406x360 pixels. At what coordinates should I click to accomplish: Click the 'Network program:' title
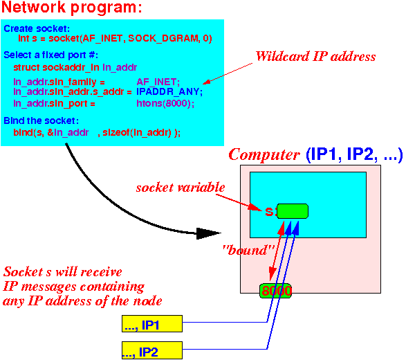pyautogui.click(x=72, y=7)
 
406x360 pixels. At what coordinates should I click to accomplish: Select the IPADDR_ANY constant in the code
pyautogui.click(x=168, y=91)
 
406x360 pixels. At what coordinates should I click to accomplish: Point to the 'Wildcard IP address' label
pyautogui.click(x=315, y=56)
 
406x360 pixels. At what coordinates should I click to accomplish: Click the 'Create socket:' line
pyautogui.click(x=37, y=28)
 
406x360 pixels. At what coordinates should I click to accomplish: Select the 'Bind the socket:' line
pyautogui.click(x=41, y=120)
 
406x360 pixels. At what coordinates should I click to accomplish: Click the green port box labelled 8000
pyautogui.click(x=275, y=291)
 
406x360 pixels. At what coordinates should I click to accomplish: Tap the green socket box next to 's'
pyautogui.click(x=293, y=211)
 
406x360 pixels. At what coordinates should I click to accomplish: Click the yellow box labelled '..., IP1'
pyautogui.click(x=152, y=323)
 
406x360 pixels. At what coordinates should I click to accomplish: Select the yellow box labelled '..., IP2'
pyautogui.click(x=152, y=350)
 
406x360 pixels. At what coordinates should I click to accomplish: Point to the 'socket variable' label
pyautogui.click(x=181, y=188)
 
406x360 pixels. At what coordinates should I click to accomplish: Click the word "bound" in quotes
pyautogui.click(x=248, y=250)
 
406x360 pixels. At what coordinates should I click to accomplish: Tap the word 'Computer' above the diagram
pyautogui.click(x=264, y=154)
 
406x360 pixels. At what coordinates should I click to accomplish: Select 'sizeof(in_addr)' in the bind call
pyautogui.click(x=137, y=133)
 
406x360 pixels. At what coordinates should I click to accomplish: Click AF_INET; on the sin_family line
pyautogui.click(x=158, y=82)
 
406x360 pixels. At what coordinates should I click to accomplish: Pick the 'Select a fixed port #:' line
pyautogui.click(x=50, y=55)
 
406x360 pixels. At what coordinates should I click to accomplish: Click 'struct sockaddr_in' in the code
pyautogui.click(x=56, y=67)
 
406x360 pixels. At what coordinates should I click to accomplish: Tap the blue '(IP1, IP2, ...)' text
pyautogui.click(x=354, y=154)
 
